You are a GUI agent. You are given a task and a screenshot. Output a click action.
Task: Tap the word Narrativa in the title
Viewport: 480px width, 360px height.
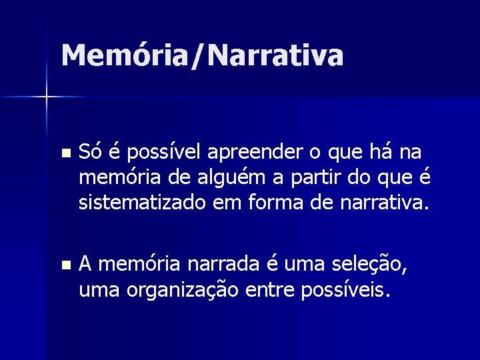coord(275,55)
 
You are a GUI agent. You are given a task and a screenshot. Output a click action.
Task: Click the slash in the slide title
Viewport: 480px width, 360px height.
coord(197,56)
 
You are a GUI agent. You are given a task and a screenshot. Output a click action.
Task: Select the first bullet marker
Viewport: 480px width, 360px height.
coord(64,154)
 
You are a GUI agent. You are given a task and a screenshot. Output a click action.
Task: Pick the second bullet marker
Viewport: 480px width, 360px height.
coord(64,265)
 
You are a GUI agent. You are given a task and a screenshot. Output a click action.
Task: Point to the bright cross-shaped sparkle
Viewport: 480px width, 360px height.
coord(47,97)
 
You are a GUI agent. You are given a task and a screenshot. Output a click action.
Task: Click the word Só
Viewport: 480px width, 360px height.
coord(90,153)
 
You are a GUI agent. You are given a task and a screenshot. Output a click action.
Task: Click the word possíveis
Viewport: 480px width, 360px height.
coord(350,291)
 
